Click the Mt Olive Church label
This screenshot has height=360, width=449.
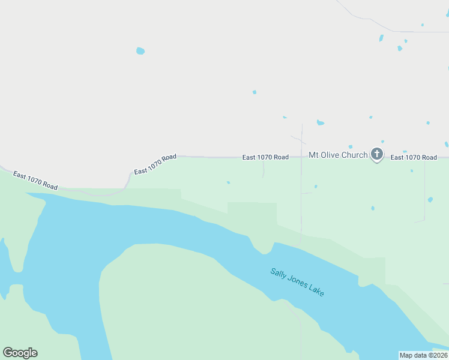338,155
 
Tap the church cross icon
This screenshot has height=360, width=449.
376,154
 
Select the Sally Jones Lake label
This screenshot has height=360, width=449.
297,281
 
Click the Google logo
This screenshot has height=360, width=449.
20,353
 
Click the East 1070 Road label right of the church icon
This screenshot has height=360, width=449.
414,157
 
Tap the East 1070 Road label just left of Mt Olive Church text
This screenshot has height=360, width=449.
265,157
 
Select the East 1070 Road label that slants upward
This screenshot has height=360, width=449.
155,164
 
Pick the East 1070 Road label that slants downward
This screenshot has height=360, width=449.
35,181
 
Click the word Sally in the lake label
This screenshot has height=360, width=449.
278,274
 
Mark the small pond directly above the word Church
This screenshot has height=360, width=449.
350,146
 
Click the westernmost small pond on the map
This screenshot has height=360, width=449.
140,51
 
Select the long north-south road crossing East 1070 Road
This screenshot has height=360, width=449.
301,198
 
